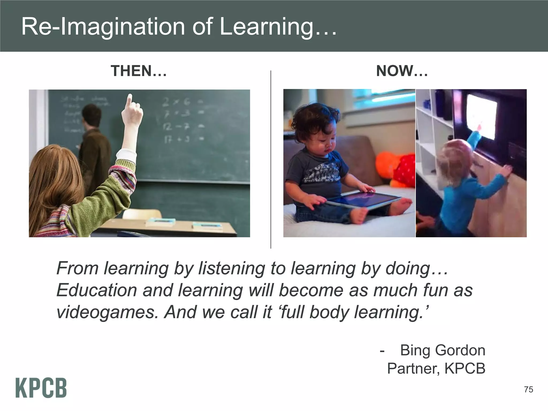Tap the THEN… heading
(139, 71)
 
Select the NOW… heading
(402, 71)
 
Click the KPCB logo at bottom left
(41, 388)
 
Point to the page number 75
(528, 390)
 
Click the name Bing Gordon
(443, 350)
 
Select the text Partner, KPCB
(436, 368)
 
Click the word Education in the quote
(97, 290)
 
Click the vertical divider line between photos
(271, 161)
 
